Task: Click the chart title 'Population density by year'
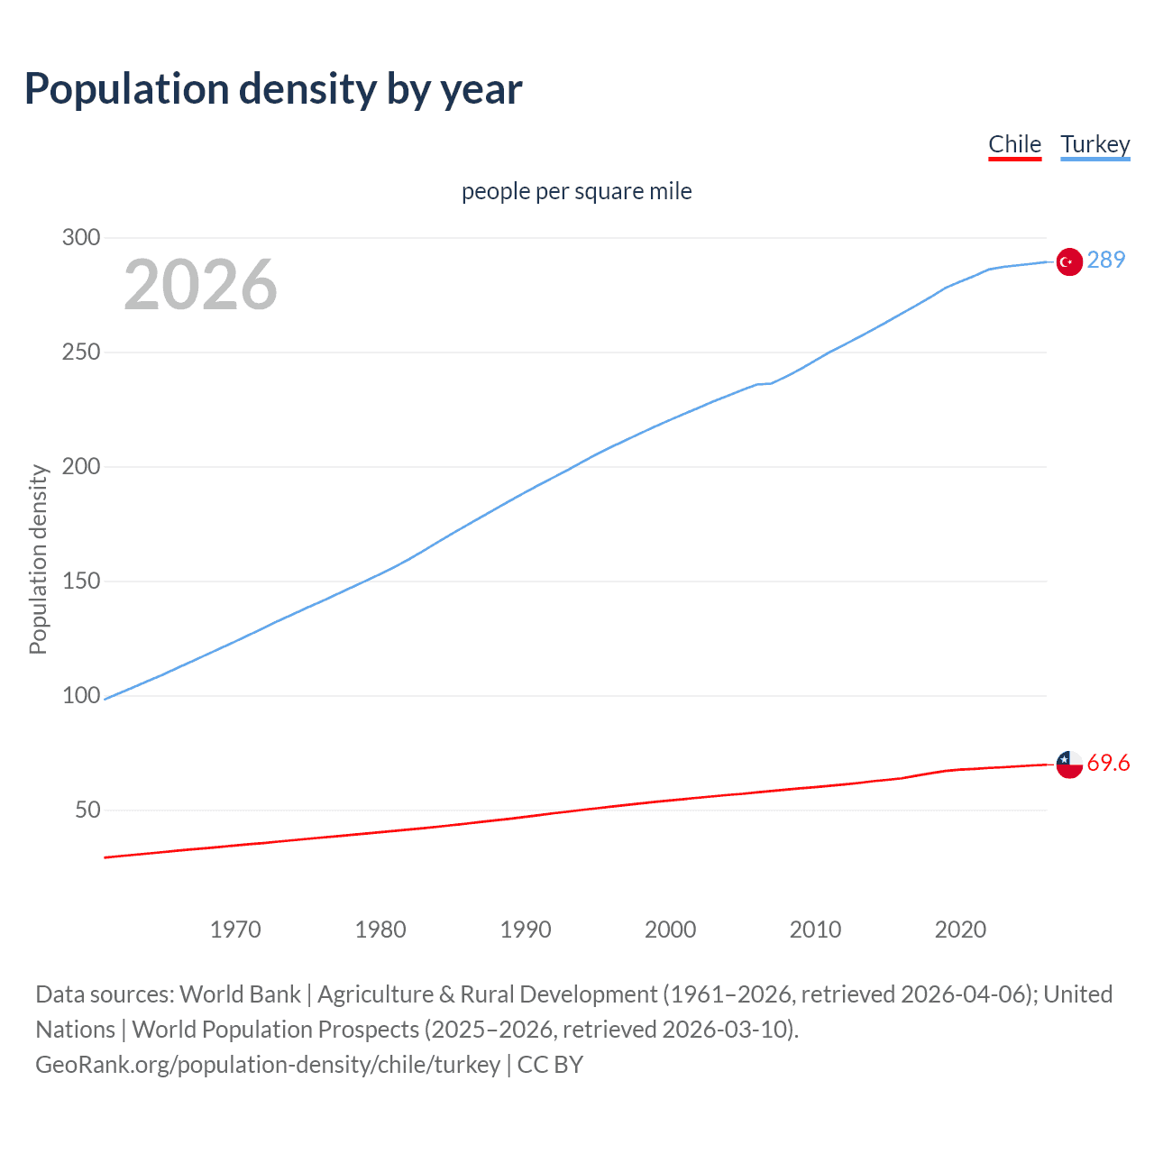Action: (x=273, y=89)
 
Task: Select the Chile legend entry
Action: (x=1014, y=144)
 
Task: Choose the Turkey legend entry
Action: (x=1094, y=144)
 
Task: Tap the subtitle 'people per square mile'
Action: (x=576, y=191)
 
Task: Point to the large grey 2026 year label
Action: (x=200, y=285)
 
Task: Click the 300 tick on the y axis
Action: (x=80, y=238)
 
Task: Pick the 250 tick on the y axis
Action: (x=80, y=353)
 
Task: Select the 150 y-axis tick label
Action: (x=80, y=582)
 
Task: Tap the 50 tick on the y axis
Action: (x=87, y=811)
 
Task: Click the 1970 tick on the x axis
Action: (x=235, y=930)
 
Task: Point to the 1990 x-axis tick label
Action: (x=526, y=930)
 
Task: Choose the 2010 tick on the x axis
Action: (x=815, y=930)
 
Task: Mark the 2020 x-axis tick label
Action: (x=960, y=930)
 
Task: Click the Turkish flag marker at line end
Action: (x=1069, y=261)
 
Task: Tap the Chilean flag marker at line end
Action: (x=1069, y=765)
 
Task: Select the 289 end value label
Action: (x=1106, y=260)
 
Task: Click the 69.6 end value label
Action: (x=1108, y=764)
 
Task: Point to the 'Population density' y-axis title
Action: (x=38, y=559)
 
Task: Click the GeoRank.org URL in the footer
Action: (x=268, y=1065)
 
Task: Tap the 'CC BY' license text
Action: (x=550, y=1065)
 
